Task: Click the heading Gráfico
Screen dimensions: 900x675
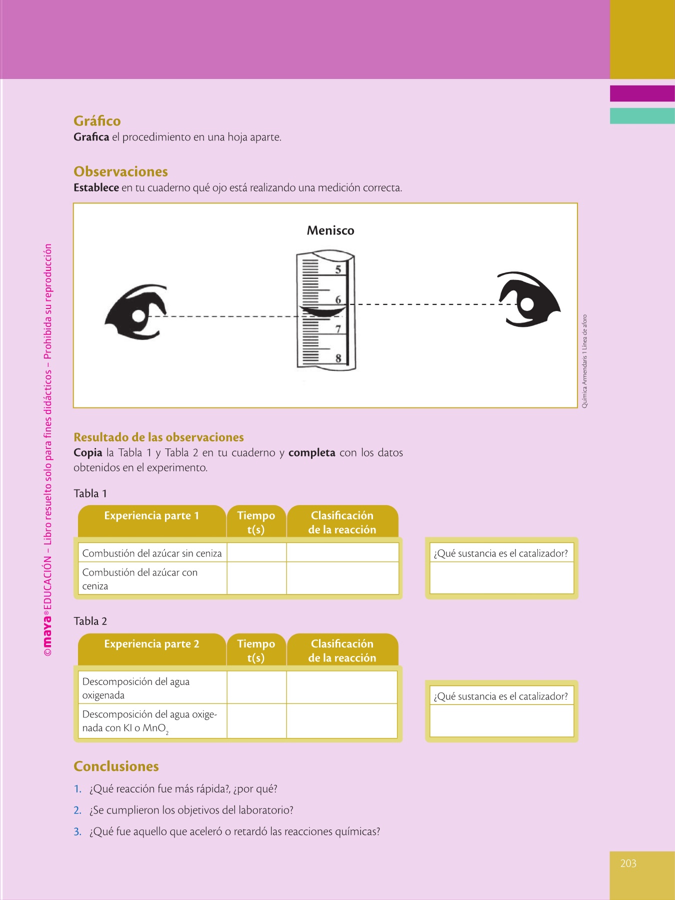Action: (97, 121)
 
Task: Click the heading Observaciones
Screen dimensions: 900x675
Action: (120, 171)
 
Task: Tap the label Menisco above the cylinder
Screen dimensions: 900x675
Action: (330, 230)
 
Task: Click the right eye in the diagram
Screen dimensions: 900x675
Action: (527, 300)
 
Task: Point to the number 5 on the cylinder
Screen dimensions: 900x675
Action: (338, 269)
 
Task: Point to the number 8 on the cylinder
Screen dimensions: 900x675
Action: (338, 358)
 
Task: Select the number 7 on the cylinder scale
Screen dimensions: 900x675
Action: (338, 329)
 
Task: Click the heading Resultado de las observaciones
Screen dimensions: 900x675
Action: (158, 437)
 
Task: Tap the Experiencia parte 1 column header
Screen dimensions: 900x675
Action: (151, 516)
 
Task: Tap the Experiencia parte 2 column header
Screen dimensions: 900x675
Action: (151, 644)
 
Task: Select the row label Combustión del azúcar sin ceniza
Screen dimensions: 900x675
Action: (151, 553)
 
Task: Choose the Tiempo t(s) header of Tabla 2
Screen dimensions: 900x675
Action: (256, 650)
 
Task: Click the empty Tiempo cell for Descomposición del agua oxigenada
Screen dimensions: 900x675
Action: (256, 687)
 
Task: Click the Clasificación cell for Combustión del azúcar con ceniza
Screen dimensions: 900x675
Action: (342, 578)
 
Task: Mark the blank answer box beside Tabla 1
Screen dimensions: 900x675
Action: (501, 578)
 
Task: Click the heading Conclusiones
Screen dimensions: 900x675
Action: (116, 766)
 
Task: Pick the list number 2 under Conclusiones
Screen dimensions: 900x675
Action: (77, 810)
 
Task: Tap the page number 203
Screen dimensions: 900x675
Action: (628, 863)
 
